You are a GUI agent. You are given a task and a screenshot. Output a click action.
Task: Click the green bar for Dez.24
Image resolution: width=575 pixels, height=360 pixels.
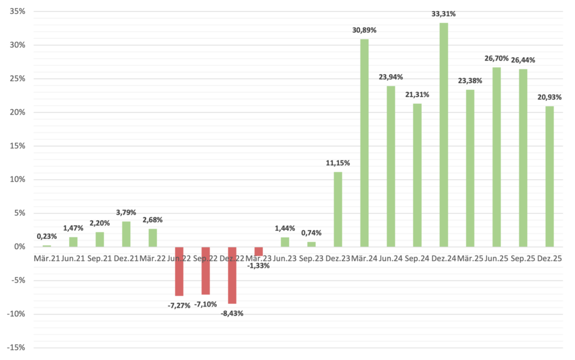point(444,135)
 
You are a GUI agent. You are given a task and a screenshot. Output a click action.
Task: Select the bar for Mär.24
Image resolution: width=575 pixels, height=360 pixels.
point(364,143)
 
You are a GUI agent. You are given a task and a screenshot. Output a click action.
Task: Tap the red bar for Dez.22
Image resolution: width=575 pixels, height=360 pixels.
point(232,275)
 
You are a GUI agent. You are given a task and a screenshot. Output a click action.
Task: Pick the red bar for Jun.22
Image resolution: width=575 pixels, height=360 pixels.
point(179,271)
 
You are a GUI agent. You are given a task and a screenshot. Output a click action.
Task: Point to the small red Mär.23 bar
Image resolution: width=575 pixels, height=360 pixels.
point(258,251)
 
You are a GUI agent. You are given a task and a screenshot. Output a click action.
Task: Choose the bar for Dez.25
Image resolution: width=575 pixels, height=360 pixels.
point(549,176)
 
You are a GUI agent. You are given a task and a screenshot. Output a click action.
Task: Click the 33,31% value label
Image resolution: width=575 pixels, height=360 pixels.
point(444,14)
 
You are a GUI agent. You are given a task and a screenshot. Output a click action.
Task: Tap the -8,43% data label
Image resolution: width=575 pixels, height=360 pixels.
point(232,313)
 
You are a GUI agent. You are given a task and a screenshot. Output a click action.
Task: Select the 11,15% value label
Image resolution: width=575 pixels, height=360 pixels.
point(338,163)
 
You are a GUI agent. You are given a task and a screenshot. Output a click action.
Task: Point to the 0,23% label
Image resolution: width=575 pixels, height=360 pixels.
point(47,237)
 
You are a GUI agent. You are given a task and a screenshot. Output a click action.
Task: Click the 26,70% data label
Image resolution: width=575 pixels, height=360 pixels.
point(496,58)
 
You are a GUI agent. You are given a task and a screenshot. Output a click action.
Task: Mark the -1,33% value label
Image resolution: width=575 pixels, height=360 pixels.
point(258,266)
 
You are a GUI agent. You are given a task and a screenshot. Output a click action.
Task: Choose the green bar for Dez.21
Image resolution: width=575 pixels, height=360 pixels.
point(126,234)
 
